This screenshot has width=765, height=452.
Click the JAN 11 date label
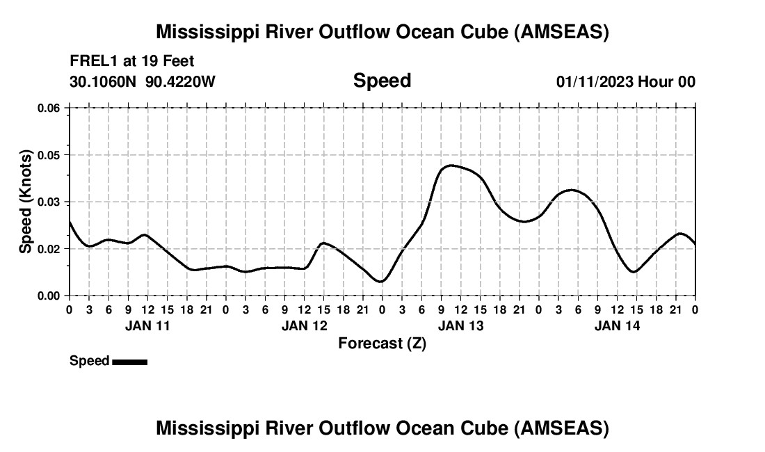pyautogui.click(x=147, y=325)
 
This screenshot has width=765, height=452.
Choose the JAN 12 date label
pyautogui.click(x=304, y=325)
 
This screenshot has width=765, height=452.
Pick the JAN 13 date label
pyautogui.click(x=460, y=325)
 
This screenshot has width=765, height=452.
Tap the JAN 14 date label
pyautogui.click(x=617, y=325)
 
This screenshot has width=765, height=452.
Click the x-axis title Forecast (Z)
pyautogui.click(x=382, y=344)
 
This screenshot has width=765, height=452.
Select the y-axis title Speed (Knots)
pyautogui.click(x=26, y=202)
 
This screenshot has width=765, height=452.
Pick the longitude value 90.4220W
pyautogui.click(x=181, y=81)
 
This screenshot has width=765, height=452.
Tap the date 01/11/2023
pyautogui.click(x=595, y=81)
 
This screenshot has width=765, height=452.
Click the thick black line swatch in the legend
pyautogui.click(x=129, y=362)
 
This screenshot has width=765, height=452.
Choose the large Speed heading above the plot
pyautogui.click(x=382, y=81)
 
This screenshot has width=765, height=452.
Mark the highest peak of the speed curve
pyautogui.click(x=451, y=165)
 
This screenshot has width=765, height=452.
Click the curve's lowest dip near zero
pyautogui.click(x=380, y=282)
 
